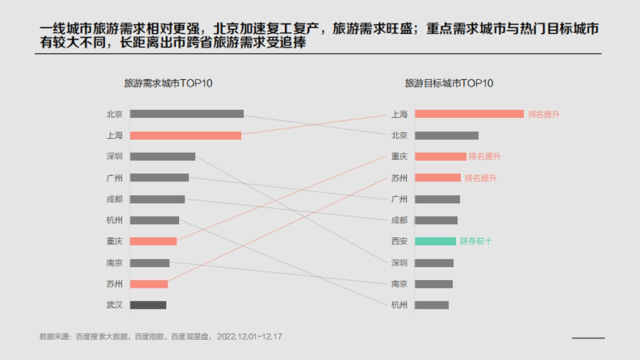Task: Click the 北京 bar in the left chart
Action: click(x=187, y=114)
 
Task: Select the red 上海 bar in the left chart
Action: click(x=186, y=135)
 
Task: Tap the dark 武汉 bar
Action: click(x=148, y=305)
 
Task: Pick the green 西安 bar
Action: click(x=435, y=241)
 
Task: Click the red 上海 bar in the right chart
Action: click(x=469, y=114)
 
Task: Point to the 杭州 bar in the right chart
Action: click(x=431, y=305)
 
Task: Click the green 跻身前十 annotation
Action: click(x=476, y=241)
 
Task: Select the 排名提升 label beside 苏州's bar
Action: click(x=481, y=178)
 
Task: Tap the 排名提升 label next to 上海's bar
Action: click(x=544, y=114)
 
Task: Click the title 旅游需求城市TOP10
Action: click(x=169, y=83)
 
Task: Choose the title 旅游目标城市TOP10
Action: click(x=449, y=83)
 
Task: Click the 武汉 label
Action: click(x=115, y=305)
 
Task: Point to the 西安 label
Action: click(x=399, y=241)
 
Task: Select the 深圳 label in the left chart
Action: click(x=115, y=156)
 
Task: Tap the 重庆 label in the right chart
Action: click(x=399, y=156)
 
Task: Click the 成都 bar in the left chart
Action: click(x=157, y=199)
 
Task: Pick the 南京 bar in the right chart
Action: click(x=434, y=284)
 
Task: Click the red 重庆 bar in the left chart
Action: click(x=153, y=241)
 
